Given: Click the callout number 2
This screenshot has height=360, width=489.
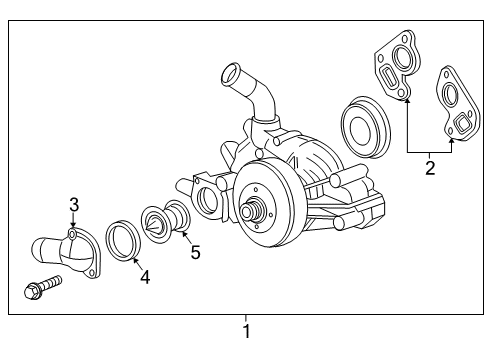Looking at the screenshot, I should pyautogui.click(x=430, y=168).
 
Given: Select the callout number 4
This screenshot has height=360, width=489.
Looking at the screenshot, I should pyautogui.click(x=145, y=277).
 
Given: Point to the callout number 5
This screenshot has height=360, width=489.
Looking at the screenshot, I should pyautogui.click(x=195, y=253).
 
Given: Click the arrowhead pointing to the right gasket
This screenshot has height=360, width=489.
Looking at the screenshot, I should pyautogui.click(x=452, y=140).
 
